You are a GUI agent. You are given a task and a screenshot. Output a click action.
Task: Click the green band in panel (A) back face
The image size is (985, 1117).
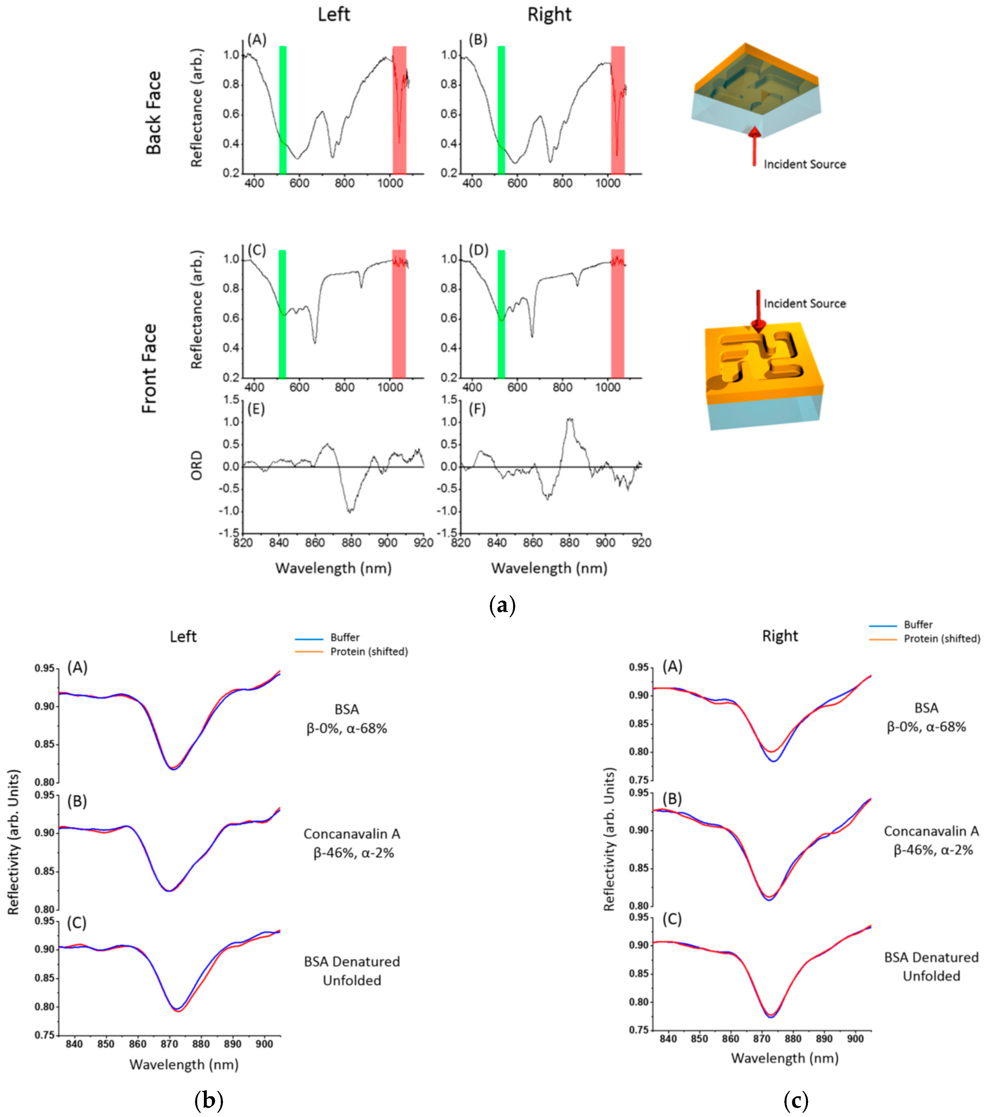pyautogui.click(x=283, y=109)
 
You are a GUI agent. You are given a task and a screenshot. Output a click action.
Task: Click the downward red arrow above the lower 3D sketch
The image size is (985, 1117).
pyautogui.click(x=758, y=311)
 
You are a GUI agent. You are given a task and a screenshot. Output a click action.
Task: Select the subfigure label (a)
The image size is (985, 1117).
pyautogui.click(x=502, y=606)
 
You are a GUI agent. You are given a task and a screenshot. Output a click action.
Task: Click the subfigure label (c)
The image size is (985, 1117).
pyautogui.click(x=795, y=1100)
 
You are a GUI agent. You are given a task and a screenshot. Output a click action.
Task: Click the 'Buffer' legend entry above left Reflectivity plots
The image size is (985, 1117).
pyautogui.click(x=344, y=637)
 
